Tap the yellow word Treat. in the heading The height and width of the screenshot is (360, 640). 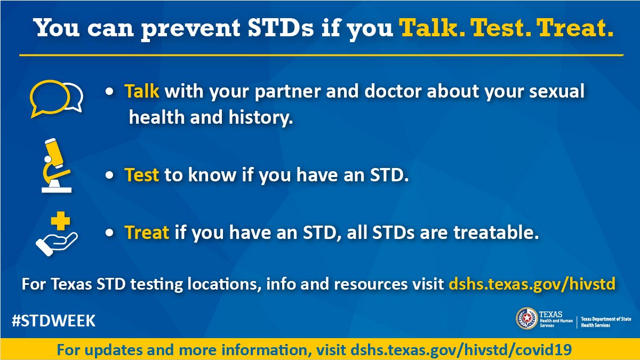point(575,28)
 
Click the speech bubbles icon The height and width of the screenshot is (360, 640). point(57,99)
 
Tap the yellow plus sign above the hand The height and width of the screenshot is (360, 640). point(60,221)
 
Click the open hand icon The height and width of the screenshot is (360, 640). point(57,244)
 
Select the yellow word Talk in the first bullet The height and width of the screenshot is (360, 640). point(142,91)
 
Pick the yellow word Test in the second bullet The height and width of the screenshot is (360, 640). point(142,174)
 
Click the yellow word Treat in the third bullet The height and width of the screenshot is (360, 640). point(147,232)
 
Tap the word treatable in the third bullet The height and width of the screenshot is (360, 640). point(496,232)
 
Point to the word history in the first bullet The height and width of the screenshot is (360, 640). point(261,118)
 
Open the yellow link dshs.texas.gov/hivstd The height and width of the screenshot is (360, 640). point(532,284)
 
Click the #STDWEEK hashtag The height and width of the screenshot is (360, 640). point(53,321)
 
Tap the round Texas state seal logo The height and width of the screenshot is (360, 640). point(526,318)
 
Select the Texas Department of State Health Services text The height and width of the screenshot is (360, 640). point(606,322)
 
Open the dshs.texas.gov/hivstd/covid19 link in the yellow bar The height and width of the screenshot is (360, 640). point(461,350)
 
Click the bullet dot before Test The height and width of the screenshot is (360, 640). point(109,175)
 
